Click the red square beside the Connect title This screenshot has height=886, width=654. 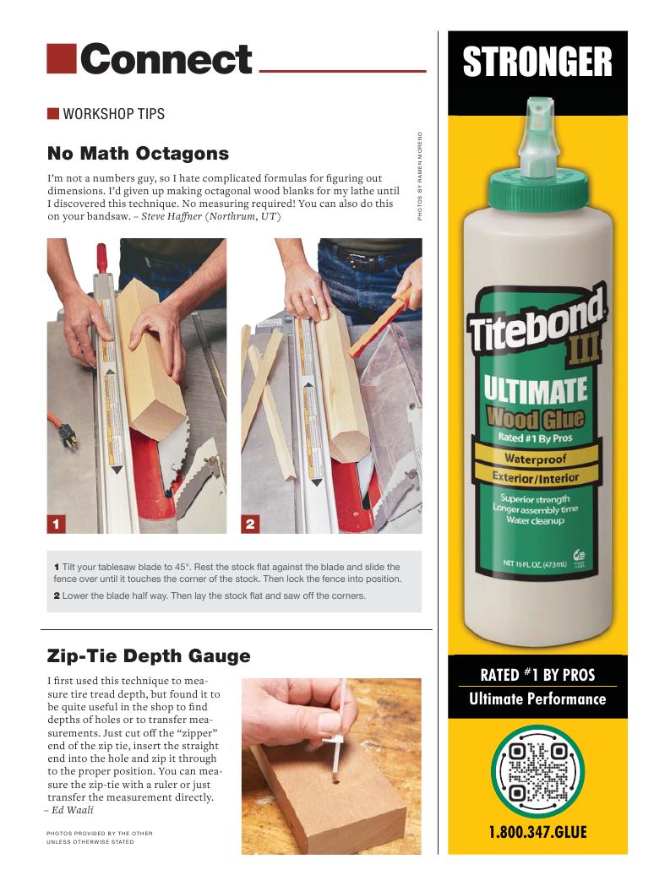61,59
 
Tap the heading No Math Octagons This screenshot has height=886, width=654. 138,153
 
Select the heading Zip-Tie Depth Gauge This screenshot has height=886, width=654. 149,655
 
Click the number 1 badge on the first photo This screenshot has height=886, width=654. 56,524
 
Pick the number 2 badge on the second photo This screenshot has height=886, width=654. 250,524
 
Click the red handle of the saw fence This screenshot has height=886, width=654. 101,257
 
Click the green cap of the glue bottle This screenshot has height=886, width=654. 537,186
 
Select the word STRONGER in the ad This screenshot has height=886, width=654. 537,62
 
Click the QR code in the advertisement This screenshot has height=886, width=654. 537,773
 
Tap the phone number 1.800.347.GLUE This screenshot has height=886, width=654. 537,832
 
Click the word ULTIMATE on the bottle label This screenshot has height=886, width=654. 536,390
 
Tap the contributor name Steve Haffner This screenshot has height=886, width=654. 172,216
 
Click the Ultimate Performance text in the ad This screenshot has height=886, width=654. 537,699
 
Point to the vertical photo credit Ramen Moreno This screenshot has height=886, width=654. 420,177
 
